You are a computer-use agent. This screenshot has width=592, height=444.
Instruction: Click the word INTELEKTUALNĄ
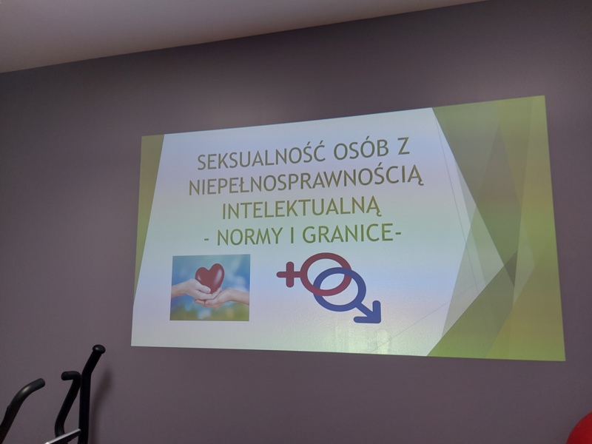tap(301, 208)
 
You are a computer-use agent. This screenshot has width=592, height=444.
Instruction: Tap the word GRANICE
tap(347, 234)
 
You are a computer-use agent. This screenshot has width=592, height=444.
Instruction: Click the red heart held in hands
tap(210, 277)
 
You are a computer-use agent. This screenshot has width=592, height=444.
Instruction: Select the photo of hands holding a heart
tap(210, 288)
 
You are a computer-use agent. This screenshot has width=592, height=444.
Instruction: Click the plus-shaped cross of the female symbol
tap(289, 274)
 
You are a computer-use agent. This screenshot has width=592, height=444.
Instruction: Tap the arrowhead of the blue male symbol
tap(370, 312)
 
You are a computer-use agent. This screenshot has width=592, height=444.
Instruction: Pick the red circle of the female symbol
tap(326, 274)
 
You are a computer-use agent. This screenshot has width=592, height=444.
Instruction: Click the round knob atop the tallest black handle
tap(98, 349)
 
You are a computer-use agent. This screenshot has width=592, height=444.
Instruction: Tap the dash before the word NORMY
tap(207, 239)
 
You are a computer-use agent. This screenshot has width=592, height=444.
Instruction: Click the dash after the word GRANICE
tap(397, 235)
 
